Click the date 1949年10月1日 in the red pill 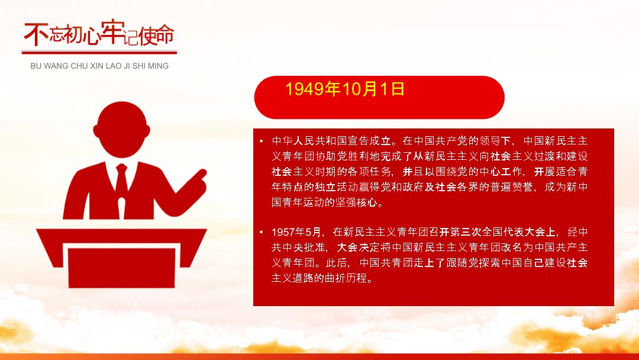point(345,89)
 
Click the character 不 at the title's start point(36,34)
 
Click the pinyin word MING point(159,66)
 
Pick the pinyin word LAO point(113,66)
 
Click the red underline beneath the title point(99,52)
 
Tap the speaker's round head point(121,129)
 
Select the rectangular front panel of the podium point(121,268)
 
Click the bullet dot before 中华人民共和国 point(262,141)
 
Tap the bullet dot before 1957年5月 point(262,232)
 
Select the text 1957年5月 point(296,232)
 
